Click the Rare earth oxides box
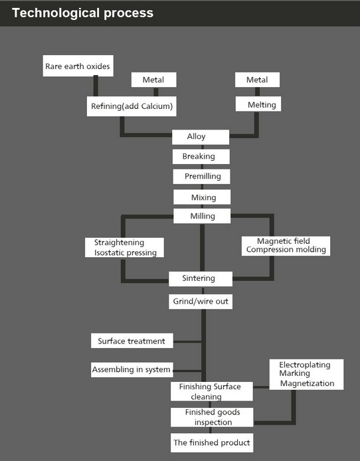(78, 66)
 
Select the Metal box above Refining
(153, 80)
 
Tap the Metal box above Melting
(257, 80)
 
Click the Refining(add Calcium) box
(132, 106)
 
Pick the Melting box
(258, 104)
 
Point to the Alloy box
(201, 137)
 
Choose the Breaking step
(201, 157)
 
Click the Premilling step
(201, 177)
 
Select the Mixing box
(202, 197)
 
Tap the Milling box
(202, 216)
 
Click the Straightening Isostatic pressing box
(124, 248)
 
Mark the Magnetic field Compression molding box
(286, 246)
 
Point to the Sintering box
(201, 279)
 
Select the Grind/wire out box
(201, 302)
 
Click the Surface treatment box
(132, 341)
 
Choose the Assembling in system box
(132, 369)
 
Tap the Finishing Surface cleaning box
(212, 391)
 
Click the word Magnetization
(307, 383)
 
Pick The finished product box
(212, 443)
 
